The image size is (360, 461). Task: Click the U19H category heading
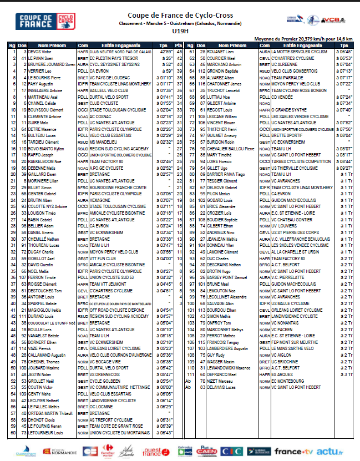pyautogui.click(x=180, y=32)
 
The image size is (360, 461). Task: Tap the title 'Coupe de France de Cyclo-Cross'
pyautogui.click(x=180, y=16)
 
